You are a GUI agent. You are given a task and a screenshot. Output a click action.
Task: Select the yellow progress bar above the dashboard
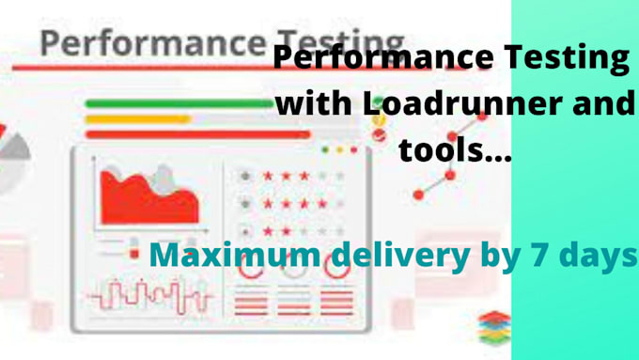pyautogui.click(x=137, y=119)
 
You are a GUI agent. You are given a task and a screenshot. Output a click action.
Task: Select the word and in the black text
pyautogui.click(x=601, y=103)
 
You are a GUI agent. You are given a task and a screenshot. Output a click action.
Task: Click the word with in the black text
pyautogui.click(x=312, y=103)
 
